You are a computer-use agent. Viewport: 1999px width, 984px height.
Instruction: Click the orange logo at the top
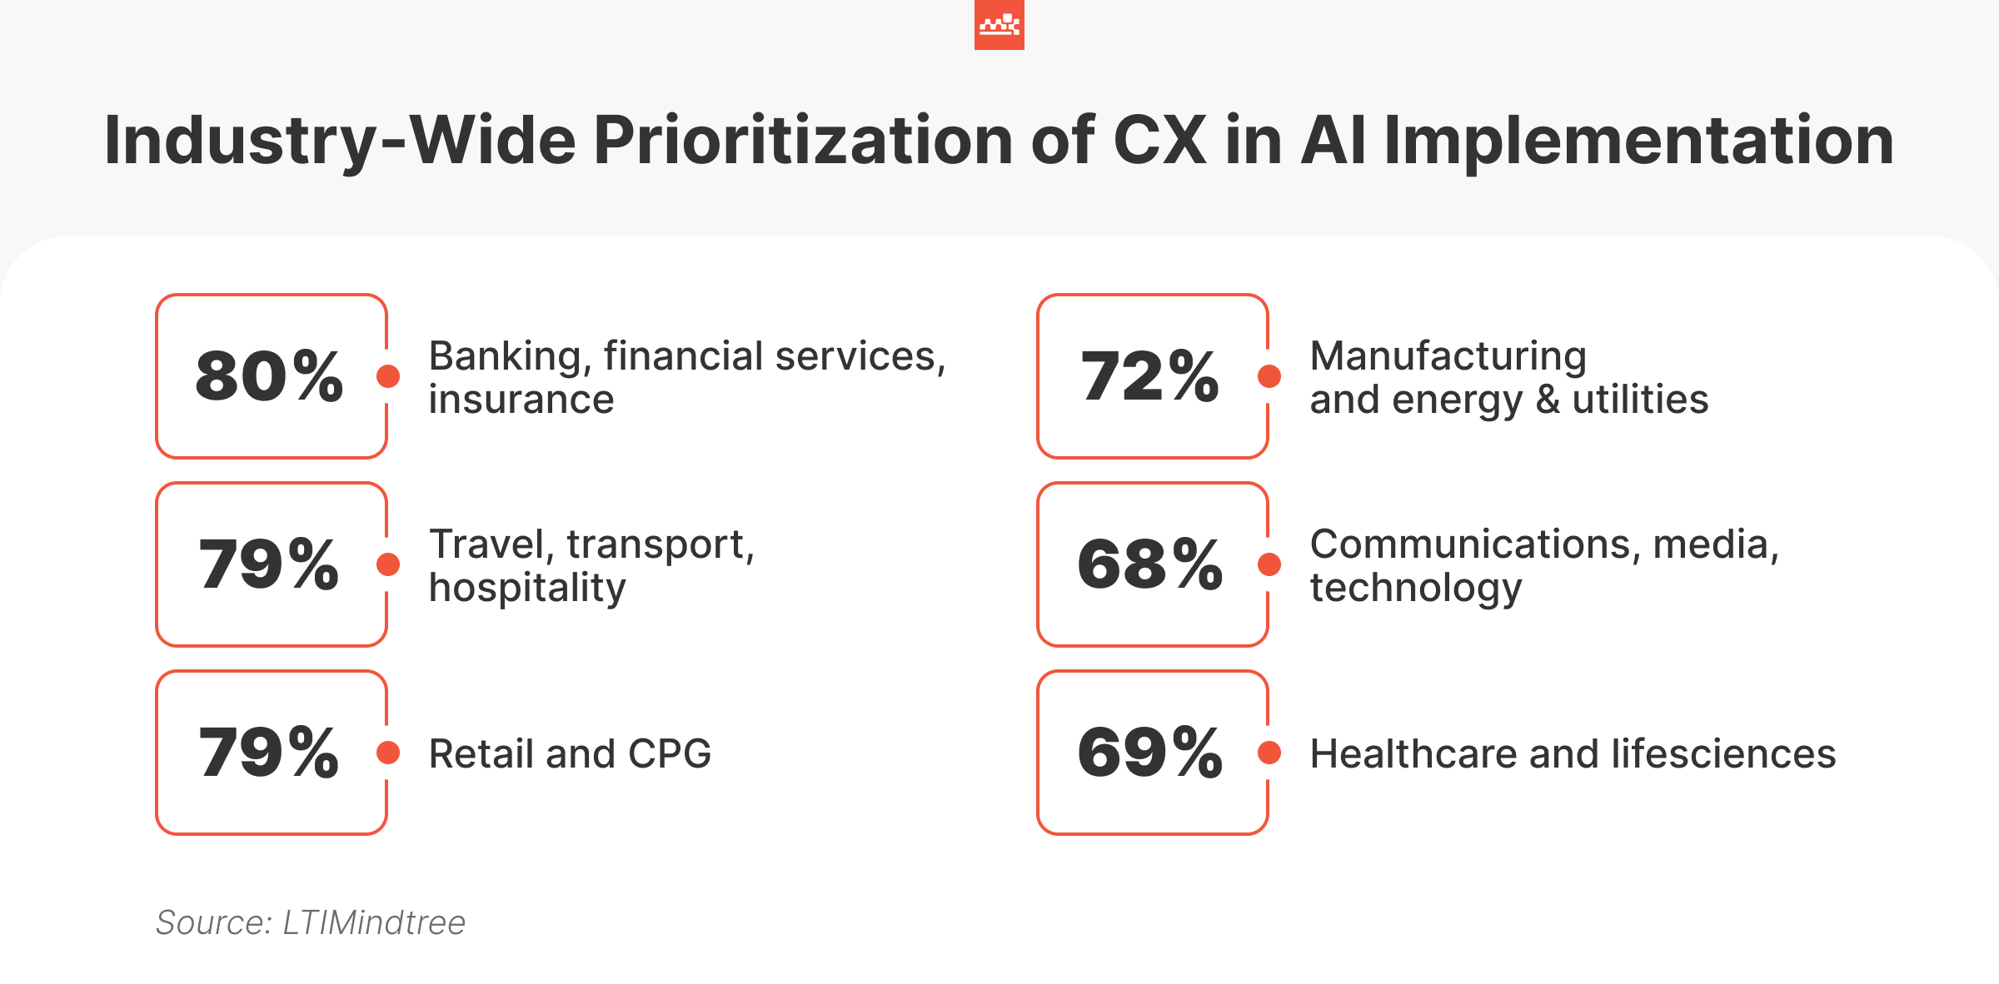(x=999, y=25)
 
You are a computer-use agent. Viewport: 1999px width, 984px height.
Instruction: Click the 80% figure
(x=269, y=376)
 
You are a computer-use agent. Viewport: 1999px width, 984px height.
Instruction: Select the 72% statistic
(x=1149, y=376)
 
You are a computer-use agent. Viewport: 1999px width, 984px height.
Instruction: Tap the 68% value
(x=1149, y=564)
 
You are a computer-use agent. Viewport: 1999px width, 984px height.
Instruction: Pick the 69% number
(x=1149, y=753)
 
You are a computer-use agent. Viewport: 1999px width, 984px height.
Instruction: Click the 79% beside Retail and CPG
(x=269, y=753)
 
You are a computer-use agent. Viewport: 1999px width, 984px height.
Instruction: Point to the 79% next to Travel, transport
(x=269, y=564)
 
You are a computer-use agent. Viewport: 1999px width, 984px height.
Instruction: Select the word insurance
(x=521, y=400)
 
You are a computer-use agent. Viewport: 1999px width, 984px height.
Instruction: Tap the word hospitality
(x=526, y=588)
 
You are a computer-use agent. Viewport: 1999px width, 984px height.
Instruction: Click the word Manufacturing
(x=1448, y=356)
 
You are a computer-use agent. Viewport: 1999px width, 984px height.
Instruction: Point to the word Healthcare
(x=1413, y=753)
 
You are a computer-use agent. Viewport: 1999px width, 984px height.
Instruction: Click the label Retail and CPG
(x=570, y=753)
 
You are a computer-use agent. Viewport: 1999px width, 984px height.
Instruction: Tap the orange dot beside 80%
(x=388, y=376)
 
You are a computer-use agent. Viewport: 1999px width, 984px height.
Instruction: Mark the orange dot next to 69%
(x=1269, y=753)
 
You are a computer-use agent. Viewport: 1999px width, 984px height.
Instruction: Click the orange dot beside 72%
(x=1269, y=376)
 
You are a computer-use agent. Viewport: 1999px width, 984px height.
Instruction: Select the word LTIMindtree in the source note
(x=374, y=922)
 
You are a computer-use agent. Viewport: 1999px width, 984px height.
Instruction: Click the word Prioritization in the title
(x=803, y=140)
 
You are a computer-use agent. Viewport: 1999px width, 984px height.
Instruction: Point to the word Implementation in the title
(x=1638, y=140)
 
